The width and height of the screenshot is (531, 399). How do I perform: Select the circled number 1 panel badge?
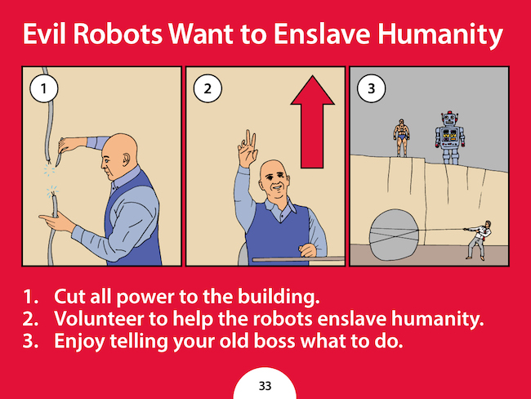pyautogui.click(x=43, y=88)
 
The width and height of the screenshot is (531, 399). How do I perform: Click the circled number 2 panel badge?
pyautogui.click(x=207, y=88)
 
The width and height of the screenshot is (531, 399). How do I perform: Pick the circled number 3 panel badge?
pyautogui.click(x=372, y=88)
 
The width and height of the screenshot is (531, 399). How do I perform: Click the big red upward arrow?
pyautogui.click(x=312, y=122)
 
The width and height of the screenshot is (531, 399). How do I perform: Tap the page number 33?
pyautogui.click(x=265, y=386)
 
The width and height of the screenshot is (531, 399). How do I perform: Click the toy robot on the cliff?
pyautogui.click(x=449, y=138)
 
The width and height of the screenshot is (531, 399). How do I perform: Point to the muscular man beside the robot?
pyautogui.click(x=402, y=137)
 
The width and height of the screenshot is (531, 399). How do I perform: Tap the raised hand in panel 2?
pyautogui.click(x=248, y=149)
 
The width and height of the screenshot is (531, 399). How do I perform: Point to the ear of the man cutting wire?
pyautogui.click(x=127, y=159)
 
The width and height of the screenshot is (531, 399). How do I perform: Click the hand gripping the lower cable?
pyautogui.click(x=56, y=222)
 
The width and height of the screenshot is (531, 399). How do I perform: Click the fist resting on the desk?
pyautogui.click(x=307, y=250)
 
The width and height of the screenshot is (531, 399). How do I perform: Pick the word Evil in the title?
pyautogui.click(x=44, y=34)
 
